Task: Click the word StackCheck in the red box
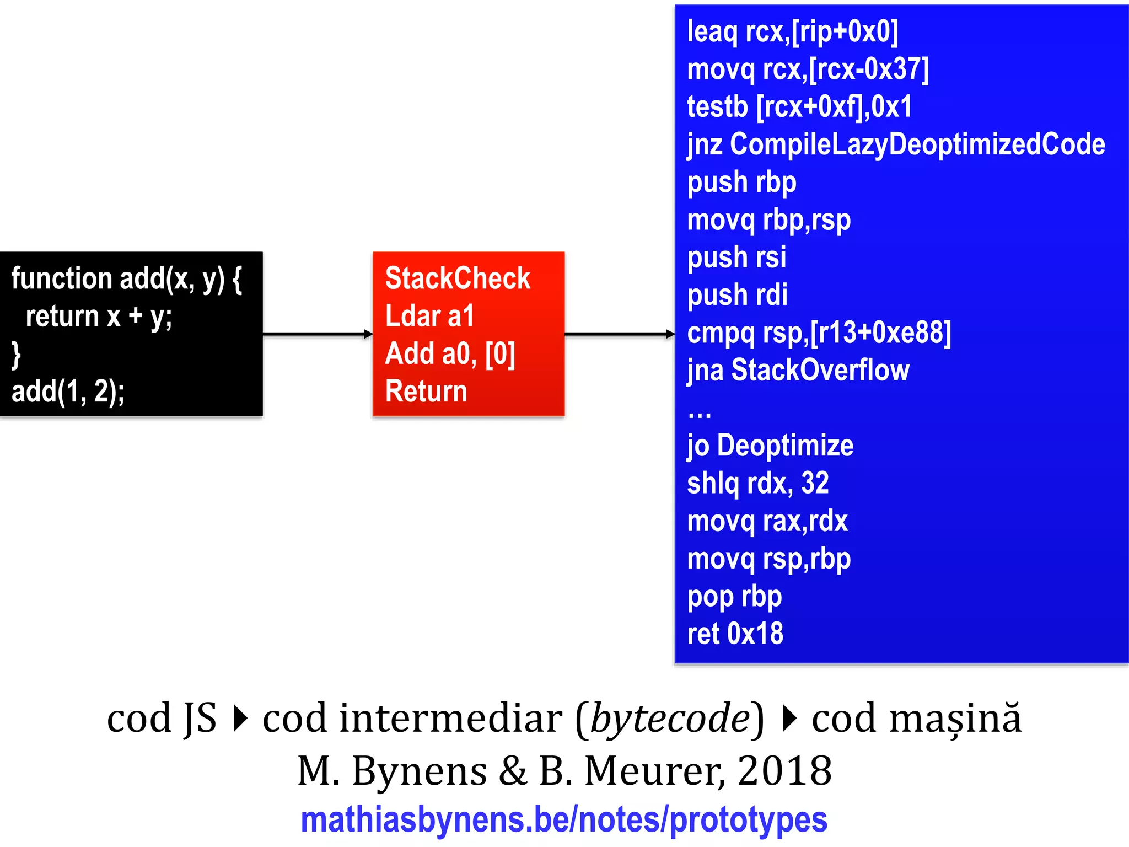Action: click(458, 278)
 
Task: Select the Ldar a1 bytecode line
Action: click(429, 316)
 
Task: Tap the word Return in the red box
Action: click(426, 391)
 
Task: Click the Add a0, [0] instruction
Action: click(450, 353)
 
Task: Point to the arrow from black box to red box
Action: click(318, 334)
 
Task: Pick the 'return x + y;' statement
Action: click(99, 317)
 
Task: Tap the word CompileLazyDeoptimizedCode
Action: click(917, 144)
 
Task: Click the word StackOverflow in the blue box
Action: click(820, 370)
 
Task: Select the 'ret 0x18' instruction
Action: click(735, 634)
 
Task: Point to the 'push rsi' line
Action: click(736, 258)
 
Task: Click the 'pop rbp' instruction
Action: click(734, 597)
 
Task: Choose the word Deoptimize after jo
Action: click(785, 446)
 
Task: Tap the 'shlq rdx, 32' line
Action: click(758, 483)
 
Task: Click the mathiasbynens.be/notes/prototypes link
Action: click(564, 820)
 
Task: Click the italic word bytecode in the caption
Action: click(670, 719)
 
